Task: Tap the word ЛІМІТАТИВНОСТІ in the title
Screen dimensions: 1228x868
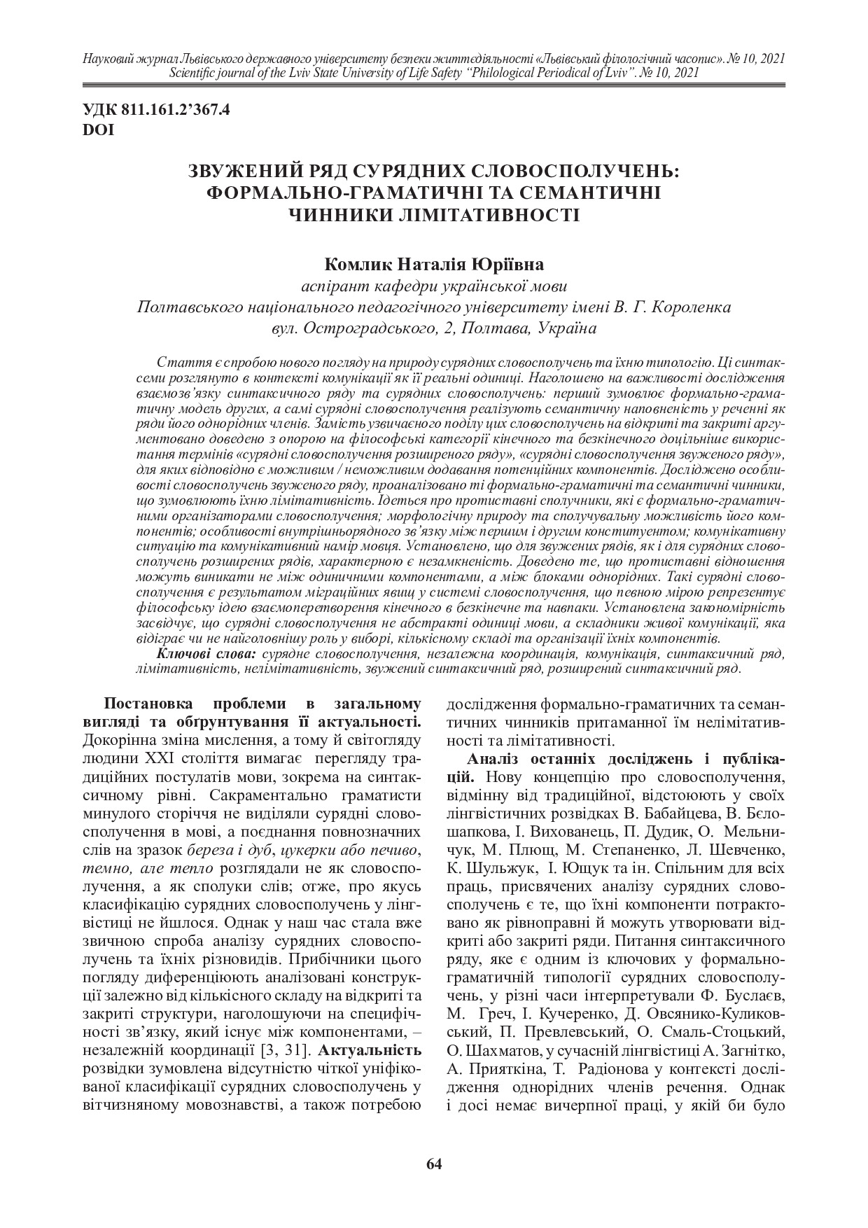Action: (x=479, y=214)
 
